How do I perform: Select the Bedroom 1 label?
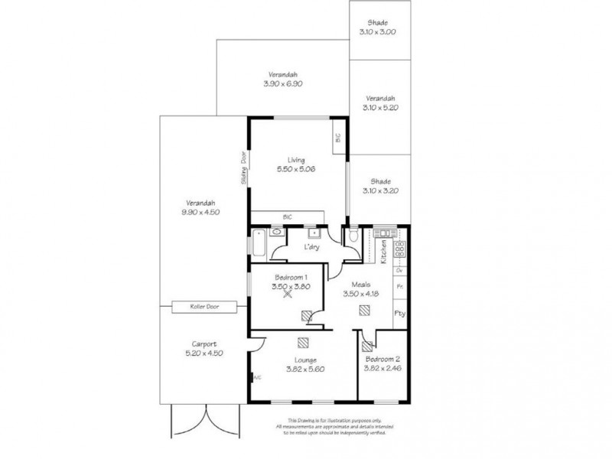[291, 277]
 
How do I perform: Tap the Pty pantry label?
[399, 313]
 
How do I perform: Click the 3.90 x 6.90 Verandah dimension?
[282, 84]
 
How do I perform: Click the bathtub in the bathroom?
[258, 245]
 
